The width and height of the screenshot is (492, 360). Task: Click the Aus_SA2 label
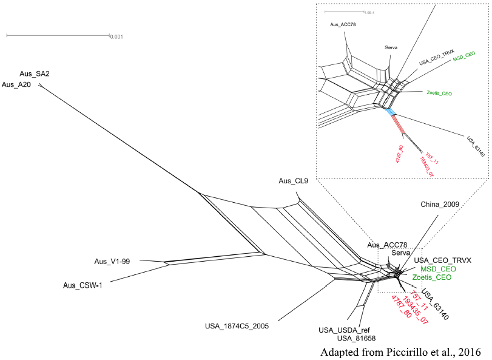click(35, 73)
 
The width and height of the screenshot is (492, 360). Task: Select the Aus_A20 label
click(16, 84)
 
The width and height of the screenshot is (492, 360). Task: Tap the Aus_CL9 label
click(294, 181)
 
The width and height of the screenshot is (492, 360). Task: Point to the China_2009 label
click(440, 205)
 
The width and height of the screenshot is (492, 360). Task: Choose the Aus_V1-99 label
click(112, 262)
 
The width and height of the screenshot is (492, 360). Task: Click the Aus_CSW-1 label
click(83, 285)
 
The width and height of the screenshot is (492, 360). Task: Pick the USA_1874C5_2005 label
click(237, 326)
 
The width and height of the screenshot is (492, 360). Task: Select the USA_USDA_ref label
click(344, 330)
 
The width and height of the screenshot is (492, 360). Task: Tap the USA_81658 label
click(357, 338)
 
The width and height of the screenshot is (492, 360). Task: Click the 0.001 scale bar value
click(116, 36)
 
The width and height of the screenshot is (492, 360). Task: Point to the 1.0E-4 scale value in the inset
click(369, 13)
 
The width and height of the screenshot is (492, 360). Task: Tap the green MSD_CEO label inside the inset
click(464, 56)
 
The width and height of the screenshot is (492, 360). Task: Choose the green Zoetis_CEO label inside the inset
click(439, 93)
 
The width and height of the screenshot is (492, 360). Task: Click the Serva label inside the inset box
click(391, 48)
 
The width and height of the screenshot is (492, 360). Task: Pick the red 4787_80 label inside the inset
click(399, 154)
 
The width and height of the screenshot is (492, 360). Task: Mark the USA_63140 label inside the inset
click(476, 146)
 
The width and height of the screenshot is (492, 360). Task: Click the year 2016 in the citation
click(470, 352)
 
